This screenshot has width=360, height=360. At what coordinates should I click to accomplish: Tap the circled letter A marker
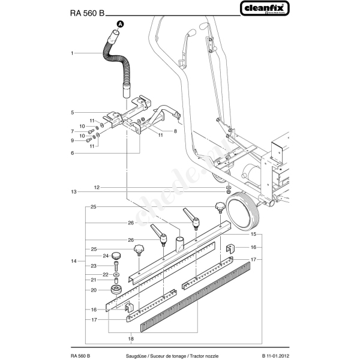(119, 25)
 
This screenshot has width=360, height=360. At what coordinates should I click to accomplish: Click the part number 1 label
(72, 53)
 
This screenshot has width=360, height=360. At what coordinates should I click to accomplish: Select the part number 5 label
(72, 112)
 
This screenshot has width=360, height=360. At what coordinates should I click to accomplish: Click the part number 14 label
(73, 261)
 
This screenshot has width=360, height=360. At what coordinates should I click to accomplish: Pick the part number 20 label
(94, 290)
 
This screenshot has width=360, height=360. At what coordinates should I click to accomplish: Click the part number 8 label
(175, 131)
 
